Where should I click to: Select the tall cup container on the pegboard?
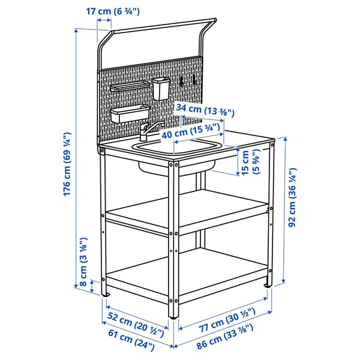pyautogui.click(x=161, y=88)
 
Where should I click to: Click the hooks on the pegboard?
pyautogui.click(x=187, y=79)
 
